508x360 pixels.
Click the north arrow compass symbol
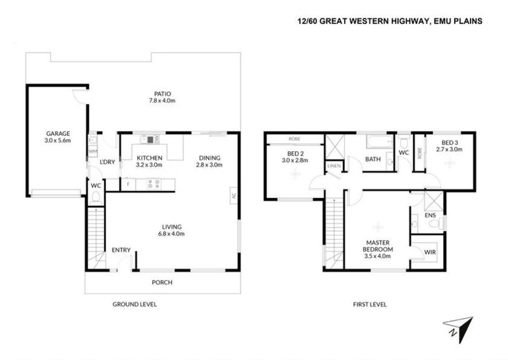point(460,328)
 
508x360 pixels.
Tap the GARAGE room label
point(58,133)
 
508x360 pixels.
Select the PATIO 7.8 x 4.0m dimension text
point(162,100)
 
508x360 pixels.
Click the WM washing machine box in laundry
point(93,151)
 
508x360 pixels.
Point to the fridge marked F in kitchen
point(128,184)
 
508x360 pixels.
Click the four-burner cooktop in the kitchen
point(154,184)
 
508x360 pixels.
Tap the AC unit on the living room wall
point(234,196)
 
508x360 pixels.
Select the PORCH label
point(162,283)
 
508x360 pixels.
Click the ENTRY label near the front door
point(121,250)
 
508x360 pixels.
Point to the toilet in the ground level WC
point(96,197)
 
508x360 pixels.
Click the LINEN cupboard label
point(334,166)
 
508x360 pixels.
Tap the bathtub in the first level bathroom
point(380,142)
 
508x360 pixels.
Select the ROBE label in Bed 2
point(294,138)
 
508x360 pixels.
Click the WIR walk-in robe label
point(430,252)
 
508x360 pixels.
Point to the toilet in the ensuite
point(441,223)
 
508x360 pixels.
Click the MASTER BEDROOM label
point(378,246)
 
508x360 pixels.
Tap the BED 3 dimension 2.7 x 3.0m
point(450,149)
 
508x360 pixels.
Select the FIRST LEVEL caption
point(370,305)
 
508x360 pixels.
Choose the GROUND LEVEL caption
point(135,305)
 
